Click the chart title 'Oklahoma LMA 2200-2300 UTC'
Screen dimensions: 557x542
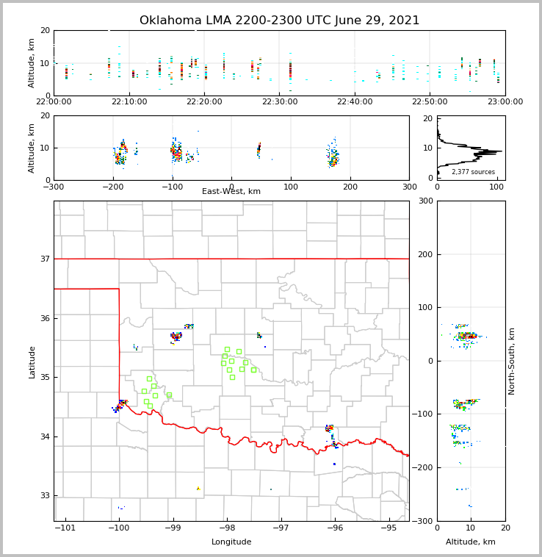(279, 21)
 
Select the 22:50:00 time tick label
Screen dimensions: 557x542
(430, 101)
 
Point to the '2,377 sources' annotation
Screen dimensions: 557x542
(473, 172)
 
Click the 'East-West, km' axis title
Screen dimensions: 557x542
(231, 192)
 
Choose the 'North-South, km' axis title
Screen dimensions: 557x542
(512, 361)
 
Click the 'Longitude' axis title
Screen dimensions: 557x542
(231, 542)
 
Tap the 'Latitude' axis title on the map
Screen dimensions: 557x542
(32, 362)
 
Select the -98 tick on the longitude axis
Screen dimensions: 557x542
(226, 528)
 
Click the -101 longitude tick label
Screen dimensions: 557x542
(65, 528)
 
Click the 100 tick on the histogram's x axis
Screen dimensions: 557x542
(496, 187)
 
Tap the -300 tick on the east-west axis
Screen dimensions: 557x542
(54, 187)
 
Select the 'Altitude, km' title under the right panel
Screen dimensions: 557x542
(471, 542)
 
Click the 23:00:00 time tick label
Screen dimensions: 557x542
(505, 101)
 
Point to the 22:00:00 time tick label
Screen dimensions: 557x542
(54, 101)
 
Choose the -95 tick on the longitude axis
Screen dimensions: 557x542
(389, 528)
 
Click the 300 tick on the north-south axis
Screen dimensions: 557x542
(425, 201)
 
